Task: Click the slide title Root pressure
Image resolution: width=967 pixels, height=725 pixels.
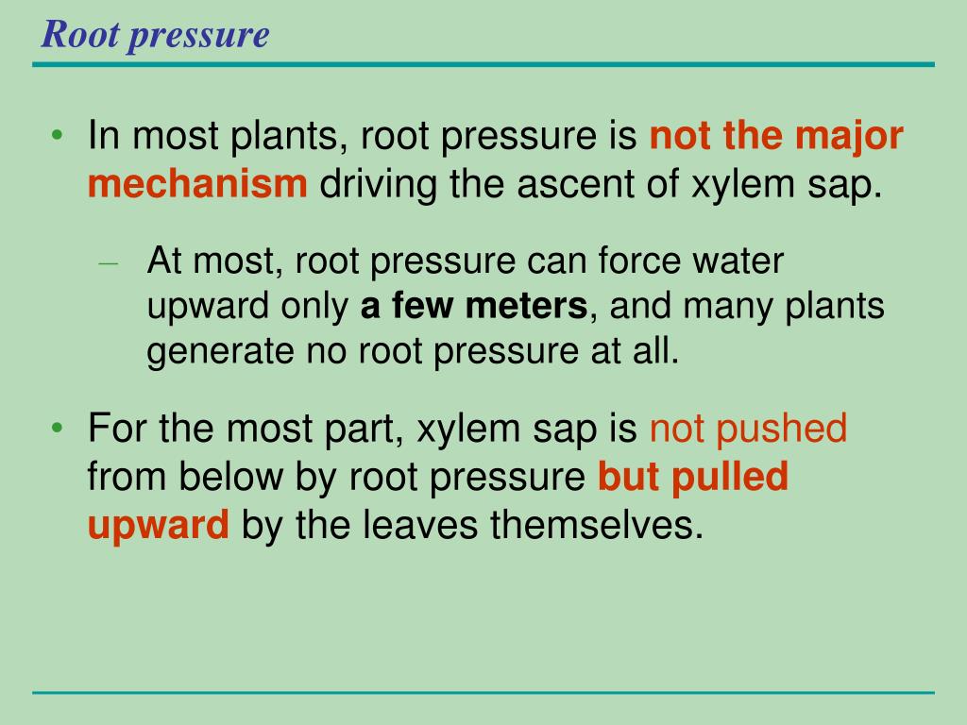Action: click(x=156, y=35)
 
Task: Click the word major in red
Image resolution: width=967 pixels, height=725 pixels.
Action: click(x=849, y=138)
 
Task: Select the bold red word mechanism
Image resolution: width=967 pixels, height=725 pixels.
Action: click(x=197, y=184)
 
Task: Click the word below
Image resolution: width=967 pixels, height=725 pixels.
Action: click(x=228, y=477)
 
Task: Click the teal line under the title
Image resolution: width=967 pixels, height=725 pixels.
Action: click(x=483, y=64)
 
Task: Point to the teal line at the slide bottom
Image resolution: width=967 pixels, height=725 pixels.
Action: click(x=483, y=692)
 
